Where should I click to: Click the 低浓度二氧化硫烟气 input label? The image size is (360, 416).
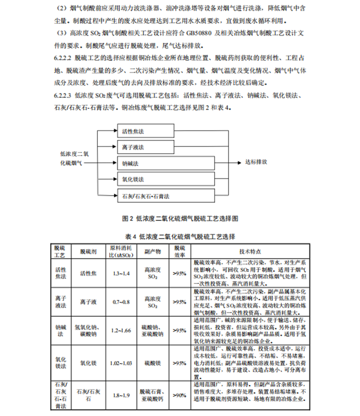click(x=71, y=157)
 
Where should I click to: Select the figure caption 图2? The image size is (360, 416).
click(x=179, y=218)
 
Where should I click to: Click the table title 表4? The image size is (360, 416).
click(x=179, y=235)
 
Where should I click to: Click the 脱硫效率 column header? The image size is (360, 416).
click(x=179, y=250)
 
